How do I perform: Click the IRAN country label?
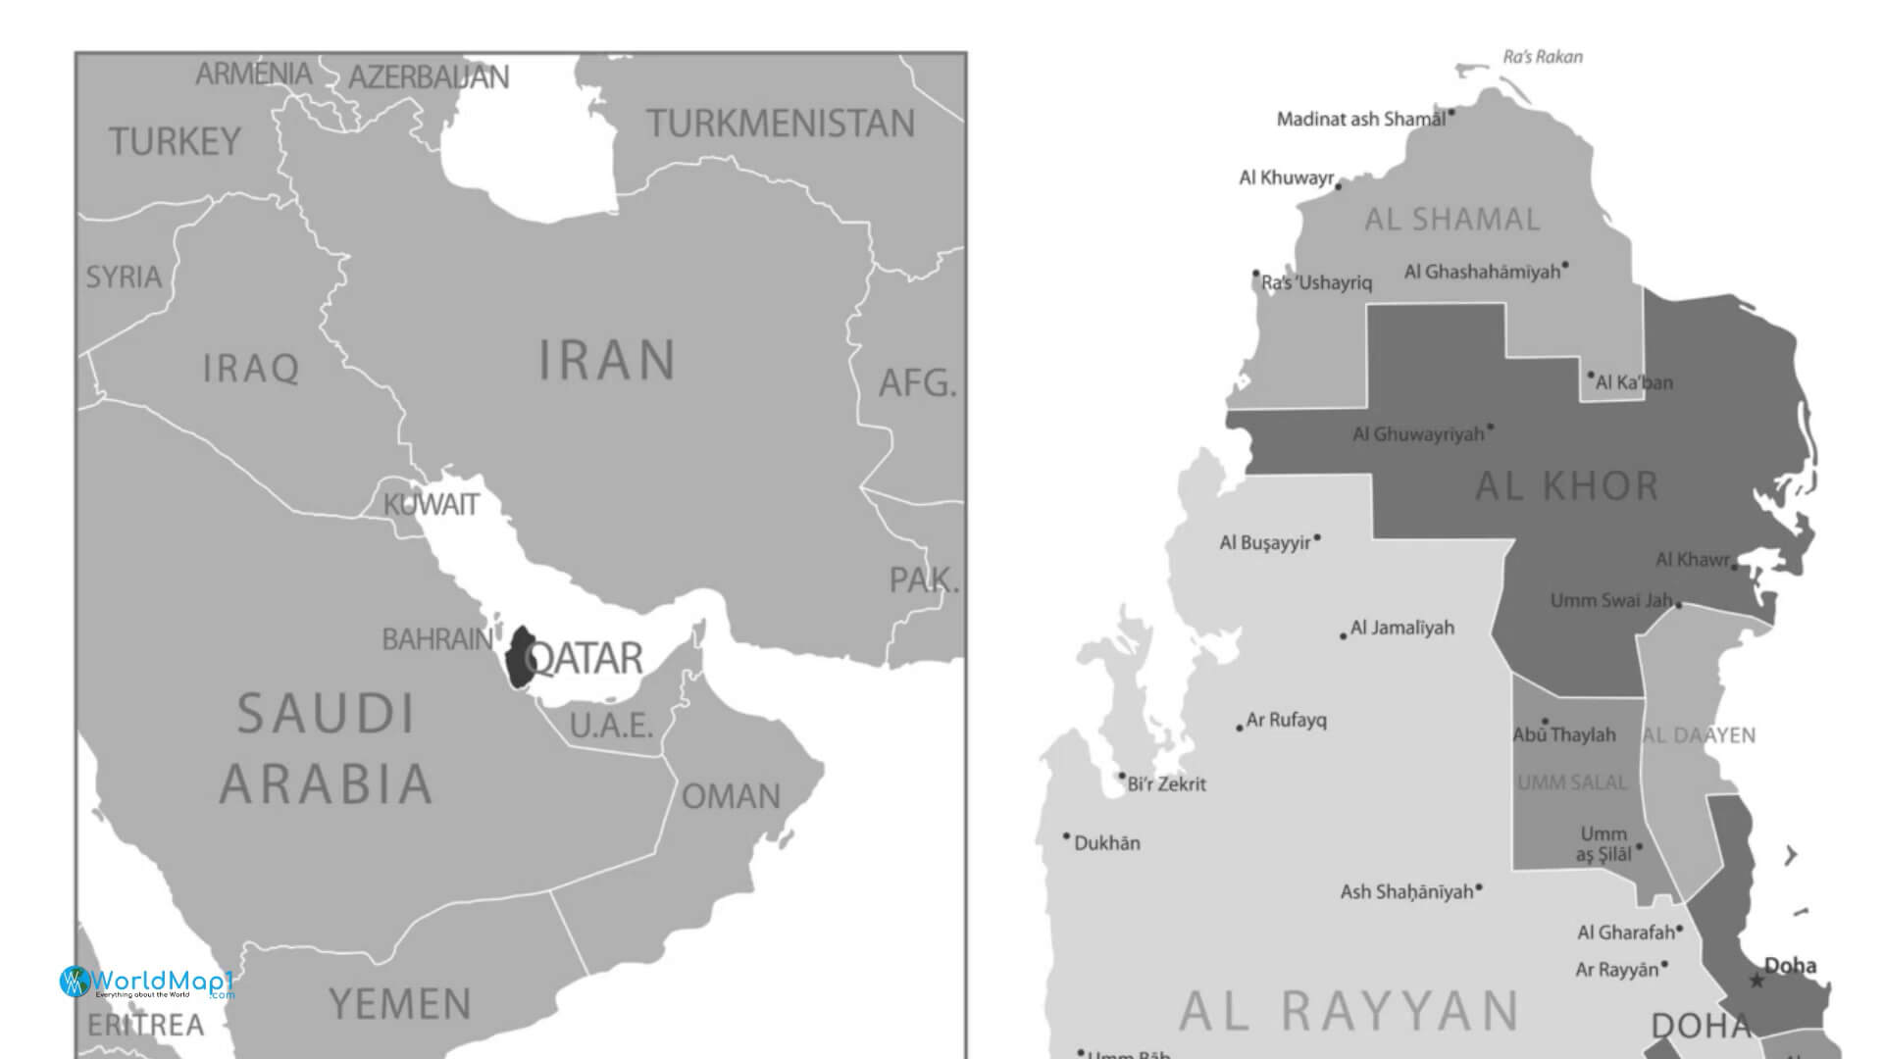607,360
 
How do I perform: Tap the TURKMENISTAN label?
780,124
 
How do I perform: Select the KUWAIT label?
431,505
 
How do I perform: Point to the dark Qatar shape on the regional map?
518,657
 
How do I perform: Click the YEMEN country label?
400,1004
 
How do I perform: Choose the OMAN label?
731,796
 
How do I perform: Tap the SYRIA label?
124,277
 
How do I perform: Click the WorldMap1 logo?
147,982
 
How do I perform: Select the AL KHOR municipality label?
1566,486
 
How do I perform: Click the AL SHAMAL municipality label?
1452,220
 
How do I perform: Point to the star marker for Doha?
1756,981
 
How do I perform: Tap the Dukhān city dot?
1067,836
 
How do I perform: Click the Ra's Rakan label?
1543,57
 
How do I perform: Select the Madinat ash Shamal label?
1360,120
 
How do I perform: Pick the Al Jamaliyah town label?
1401,628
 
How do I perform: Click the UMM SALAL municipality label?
1571,782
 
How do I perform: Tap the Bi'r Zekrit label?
1166,784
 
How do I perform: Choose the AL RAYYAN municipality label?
1349,1012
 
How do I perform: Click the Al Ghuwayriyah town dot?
1491,427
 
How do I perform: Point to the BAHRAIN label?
436,639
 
